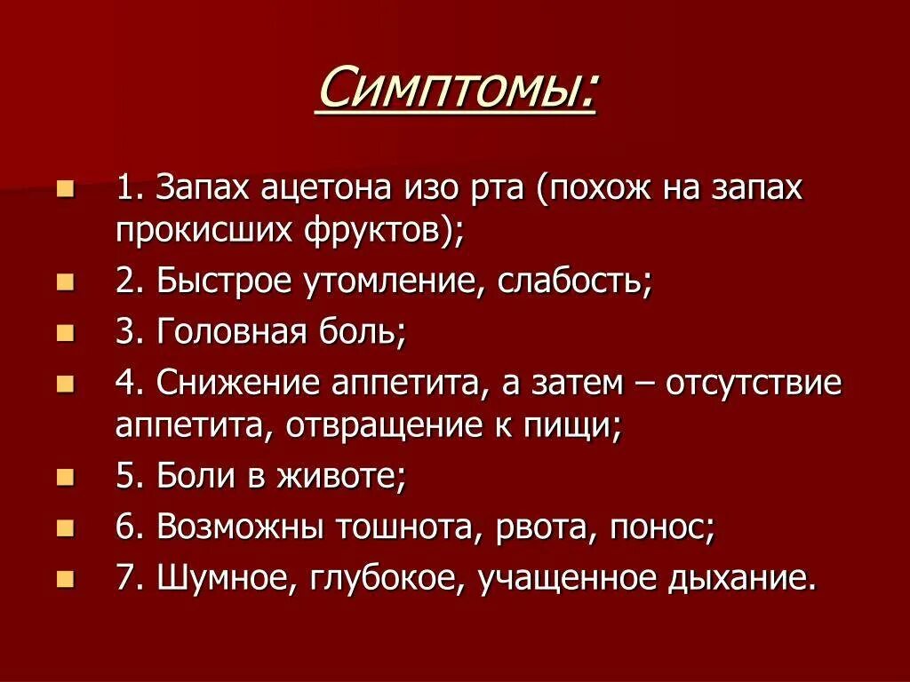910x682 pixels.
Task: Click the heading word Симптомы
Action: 455,90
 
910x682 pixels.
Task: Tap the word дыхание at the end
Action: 739,580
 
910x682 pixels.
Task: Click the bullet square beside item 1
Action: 65,188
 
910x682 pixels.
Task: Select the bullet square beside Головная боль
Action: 65,333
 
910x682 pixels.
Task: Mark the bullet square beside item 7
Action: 65,580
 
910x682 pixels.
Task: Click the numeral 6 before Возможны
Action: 124,528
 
